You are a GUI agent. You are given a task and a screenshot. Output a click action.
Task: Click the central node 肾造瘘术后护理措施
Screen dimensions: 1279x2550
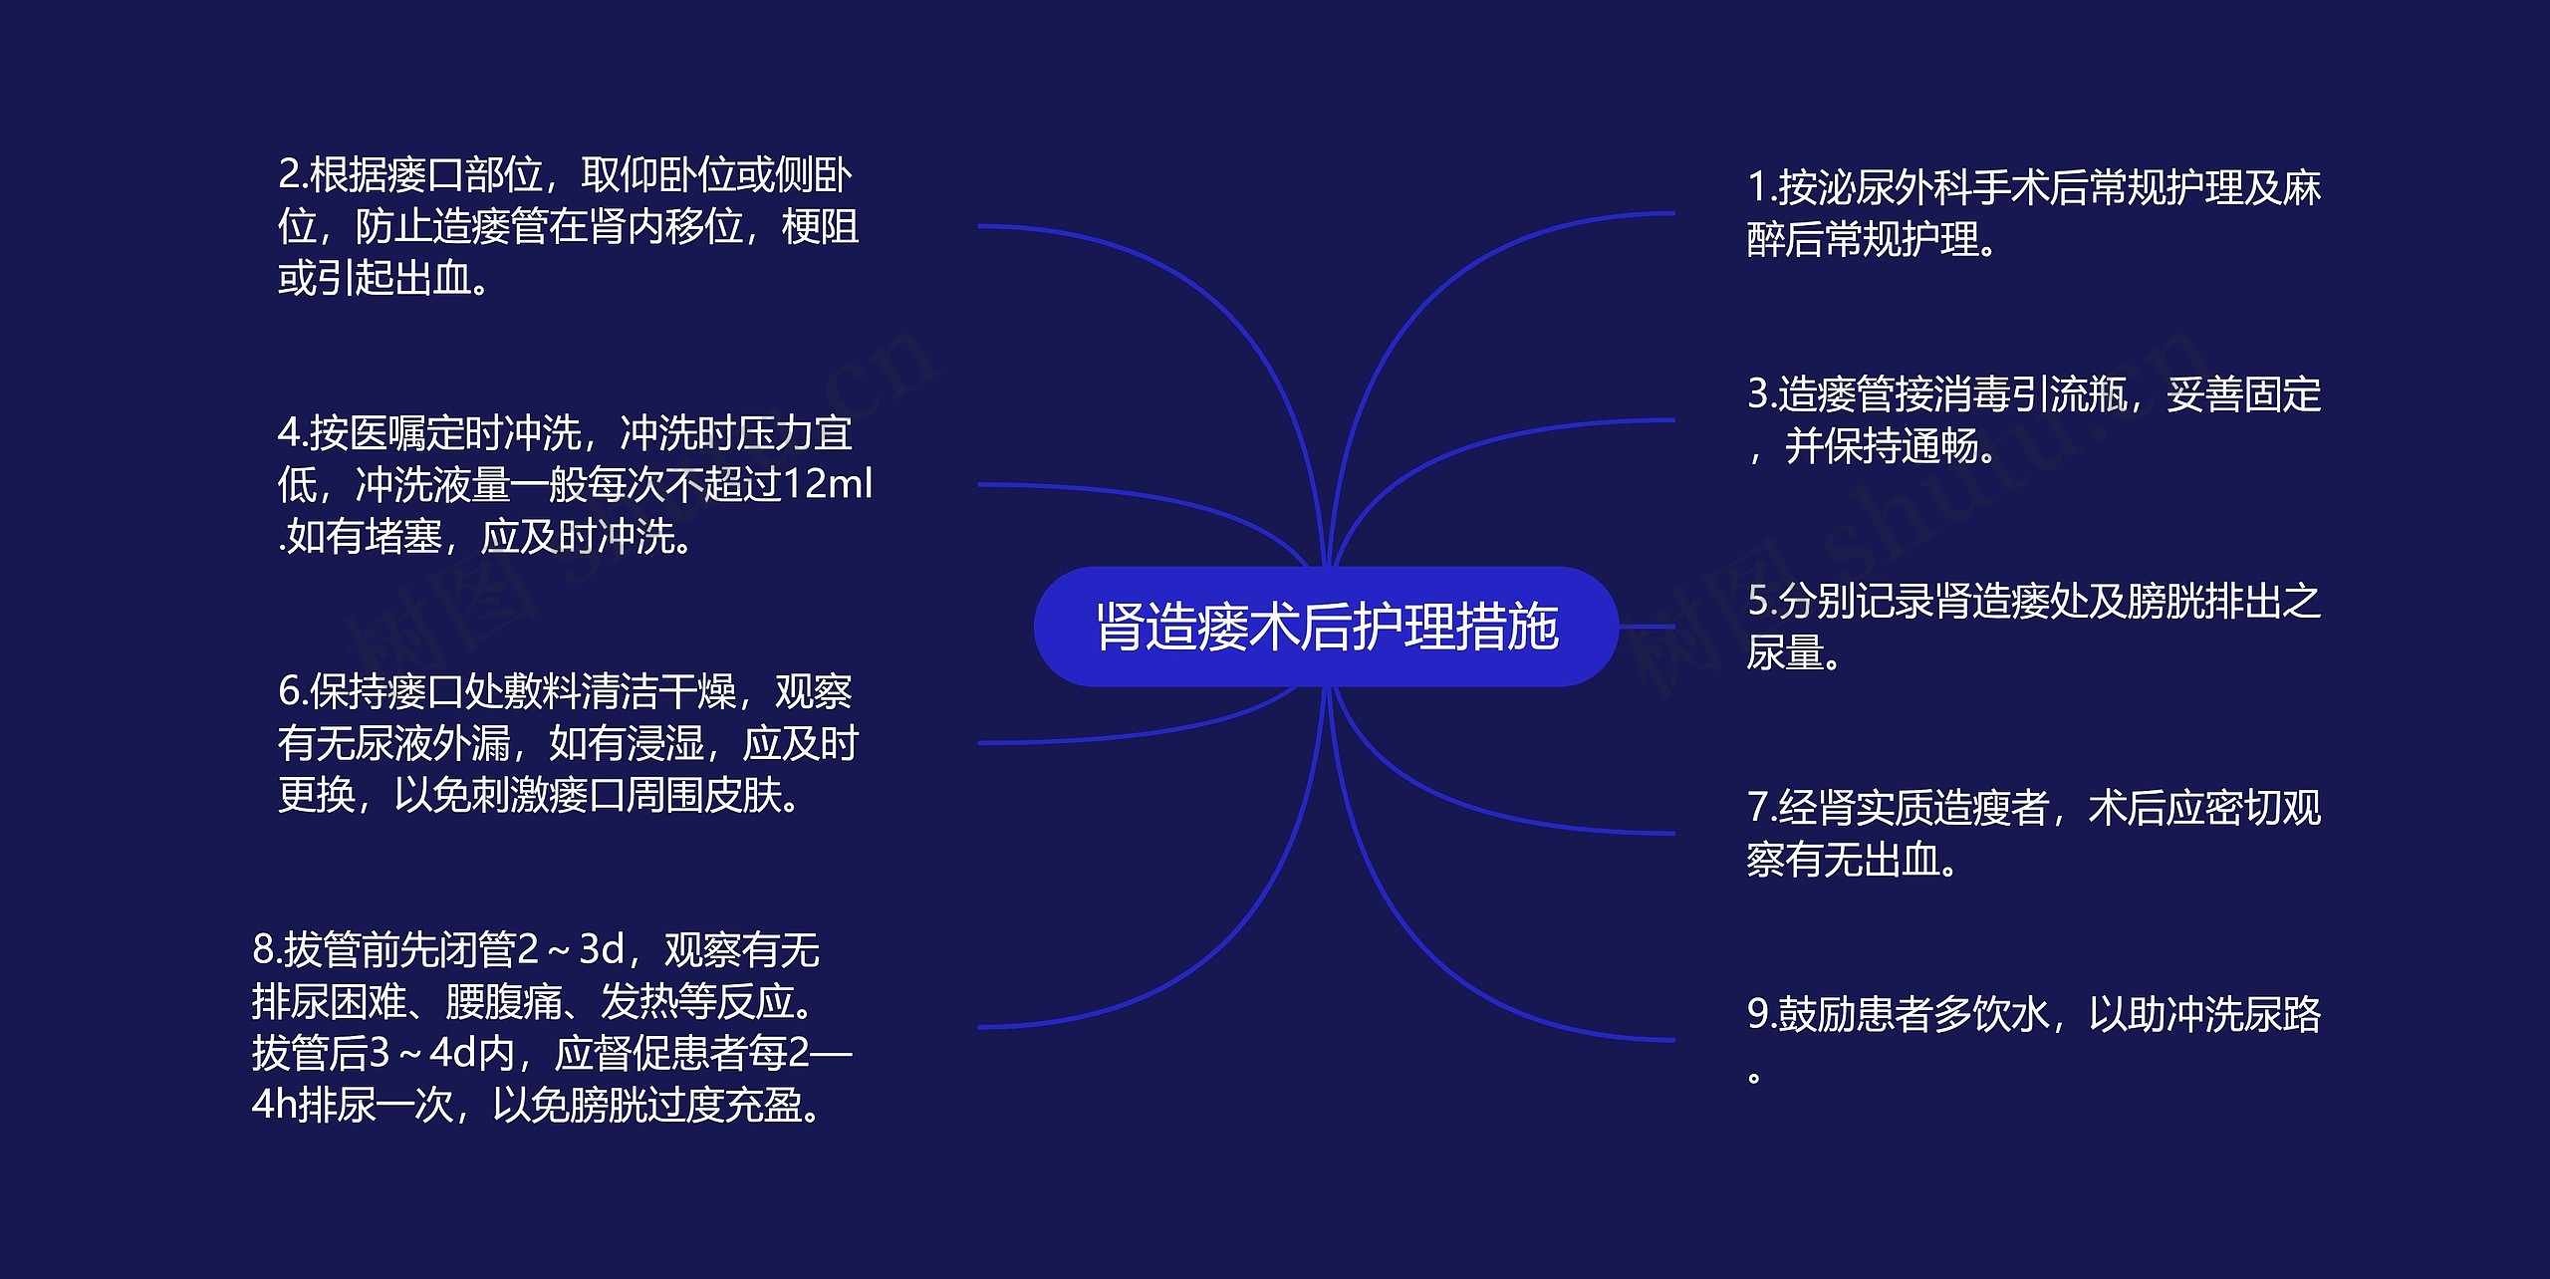[1326, 627]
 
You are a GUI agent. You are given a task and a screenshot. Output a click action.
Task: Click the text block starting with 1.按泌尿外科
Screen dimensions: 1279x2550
[2033, 213]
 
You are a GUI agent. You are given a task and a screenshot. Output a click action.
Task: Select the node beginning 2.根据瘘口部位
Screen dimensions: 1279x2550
[568, 227]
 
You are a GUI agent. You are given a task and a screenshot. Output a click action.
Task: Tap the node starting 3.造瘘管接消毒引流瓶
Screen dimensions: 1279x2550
[2033, 420]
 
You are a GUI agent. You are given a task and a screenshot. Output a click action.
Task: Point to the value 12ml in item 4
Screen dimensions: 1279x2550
[828, 485]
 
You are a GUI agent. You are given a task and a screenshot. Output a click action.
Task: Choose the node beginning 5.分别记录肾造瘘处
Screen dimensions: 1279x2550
[2033, 627]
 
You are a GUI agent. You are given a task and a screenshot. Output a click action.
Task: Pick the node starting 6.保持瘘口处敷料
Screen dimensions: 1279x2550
[568, 743]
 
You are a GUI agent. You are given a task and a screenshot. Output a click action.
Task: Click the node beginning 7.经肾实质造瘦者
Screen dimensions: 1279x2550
[2033, 834]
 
